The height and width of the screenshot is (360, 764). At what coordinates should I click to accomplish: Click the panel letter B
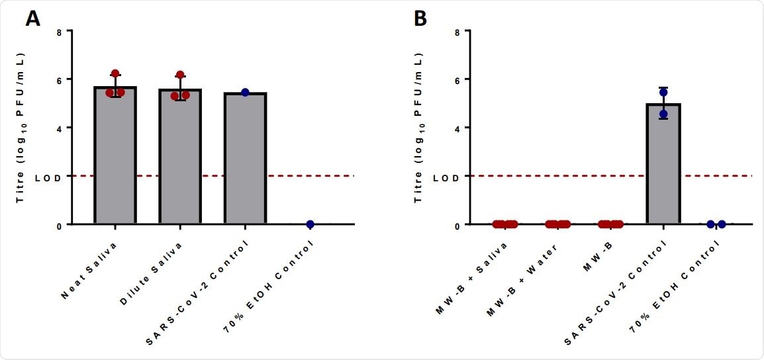pyautogui.click(x=420, y=19)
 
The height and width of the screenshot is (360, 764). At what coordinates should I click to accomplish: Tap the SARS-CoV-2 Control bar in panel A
pyautogui.click(x=245, y=159)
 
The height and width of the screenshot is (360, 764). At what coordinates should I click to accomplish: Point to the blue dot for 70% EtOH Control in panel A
pyautogui.click(x=310, y=224)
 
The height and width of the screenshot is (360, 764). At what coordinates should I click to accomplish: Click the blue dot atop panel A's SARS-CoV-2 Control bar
pyautogui.click(x=245, y=92)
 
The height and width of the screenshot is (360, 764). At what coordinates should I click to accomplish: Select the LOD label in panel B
pyautogui.click(x=446, y=177)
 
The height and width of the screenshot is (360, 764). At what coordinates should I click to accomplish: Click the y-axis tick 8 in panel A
pyautogui.click(x=59, y=31)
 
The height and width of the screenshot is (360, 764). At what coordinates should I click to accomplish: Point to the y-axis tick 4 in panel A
pyautogui.click(x=59, y=128)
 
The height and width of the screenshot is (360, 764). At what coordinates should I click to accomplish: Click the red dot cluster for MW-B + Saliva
pyautogui.click(x=504, y=224)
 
